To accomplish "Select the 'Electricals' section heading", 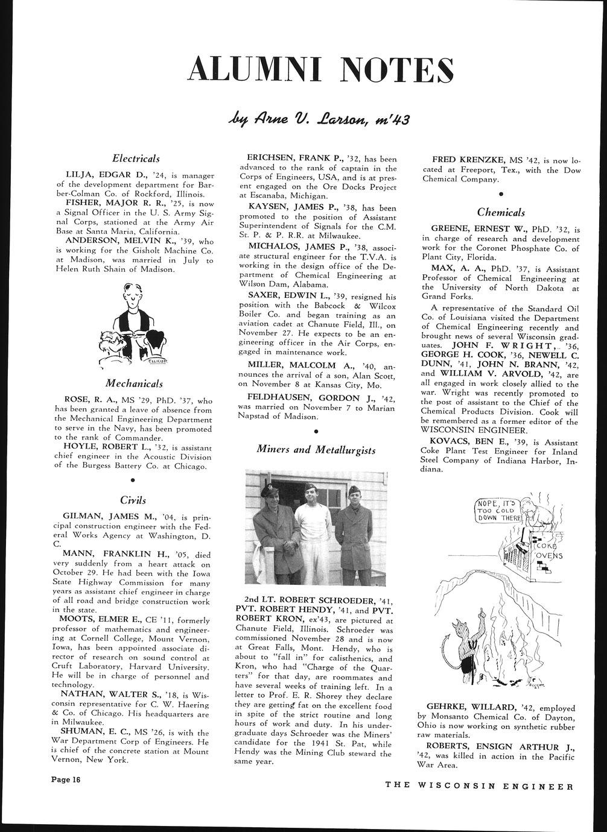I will pyautogui.click(x=136, y=159).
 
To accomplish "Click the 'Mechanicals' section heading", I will pyautogui.click(x=134, y=383).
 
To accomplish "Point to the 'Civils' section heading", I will pyautogui.click(x=133, y=500).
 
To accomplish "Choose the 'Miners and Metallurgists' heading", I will pyautogui.click(x=316, y=450).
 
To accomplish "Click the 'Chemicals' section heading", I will pyautogui.click(x=500, y=212).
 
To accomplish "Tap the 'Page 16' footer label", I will pyautogui.click(x=66, y=780).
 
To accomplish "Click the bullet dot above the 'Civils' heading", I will pyautogui.click(x=132, y=480).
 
